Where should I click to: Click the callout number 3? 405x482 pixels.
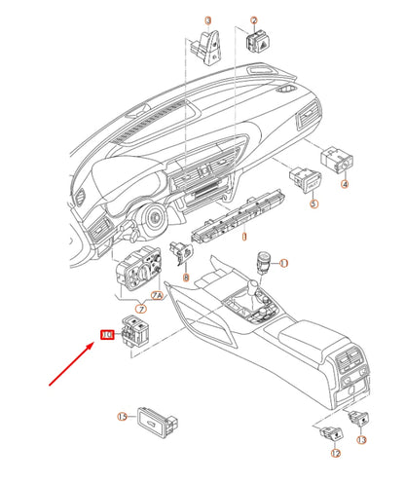(206, 20)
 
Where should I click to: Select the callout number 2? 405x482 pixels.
(254, 20)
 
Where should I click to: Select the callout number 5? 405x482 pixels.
(313, 205)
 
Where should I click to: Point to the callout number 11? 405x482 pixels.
(284, 264)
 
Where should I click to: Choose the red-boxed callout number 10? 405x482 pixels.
(107, 335)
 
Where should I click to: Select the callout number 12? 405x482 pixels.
(335, 454)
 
